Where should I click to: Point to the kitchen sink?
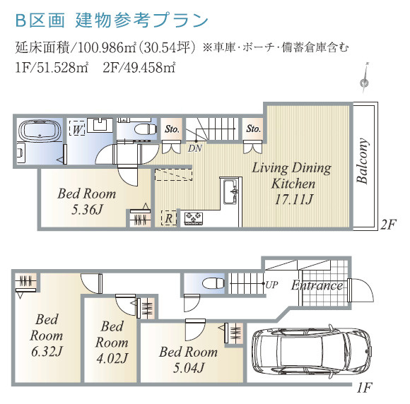pos(230,191)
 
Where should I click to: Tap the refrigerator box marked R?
pos(168,218)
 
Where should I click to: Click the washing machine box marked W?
pos(77,130)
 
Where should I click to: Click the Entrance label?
pos(317,286)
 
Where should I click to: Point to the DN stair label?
pos(194,148)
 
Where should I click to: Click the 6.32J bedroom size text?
pos(46,351)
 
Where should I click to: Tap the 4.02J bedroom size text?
pos(112,358)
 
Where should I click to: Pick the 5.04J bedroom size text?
pos(187,367)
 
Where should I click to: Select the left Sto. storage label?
pos(172,129)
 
